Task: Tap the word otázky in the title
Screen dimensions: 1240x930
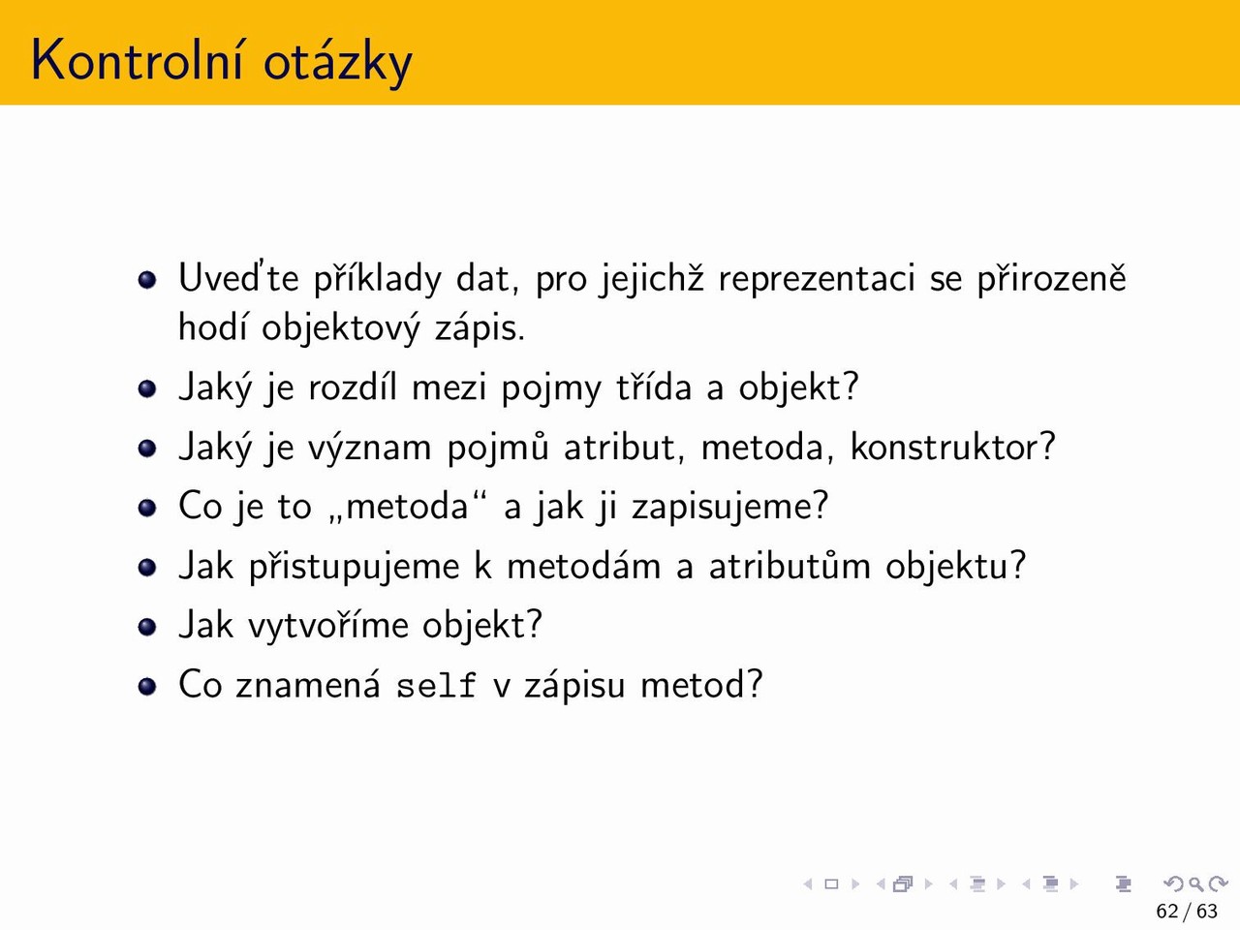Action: tap(338, 63)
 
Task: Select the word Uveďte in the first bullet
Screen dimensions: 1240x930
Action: tap(238, 278)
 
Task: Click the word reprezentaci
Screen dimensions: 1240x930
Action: tap(816, 280)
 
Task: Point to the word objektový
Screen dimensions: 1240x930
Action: tap(341, 328)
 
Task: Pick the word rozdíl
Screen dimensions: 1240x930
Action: tap(353, 387)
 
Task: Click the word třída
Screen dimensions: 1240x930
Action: tap(654, 387)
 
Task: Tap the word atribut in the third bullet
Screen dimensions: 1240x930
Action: tap(624, 448)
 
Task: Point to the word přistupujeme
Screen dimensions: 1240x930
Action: tap(355, 568)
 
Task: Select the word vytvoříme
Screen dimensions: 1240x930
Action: tap(327, 626)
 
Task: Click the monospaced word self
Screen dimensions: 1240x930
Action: tap(436, 685)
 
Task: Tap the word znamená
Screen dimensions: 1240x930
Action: tap(307, 685)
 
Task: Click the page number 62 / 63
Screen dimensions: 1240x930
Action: tap(1187, 912)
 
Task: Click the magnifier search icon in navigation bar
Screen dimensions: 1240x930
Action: tap(1195, 883)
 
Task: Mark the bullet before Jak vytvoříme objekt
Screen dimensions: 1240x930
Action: tap(147, 627)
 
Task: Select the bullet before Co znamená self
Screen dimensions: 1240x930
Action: tap(147, 686)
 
